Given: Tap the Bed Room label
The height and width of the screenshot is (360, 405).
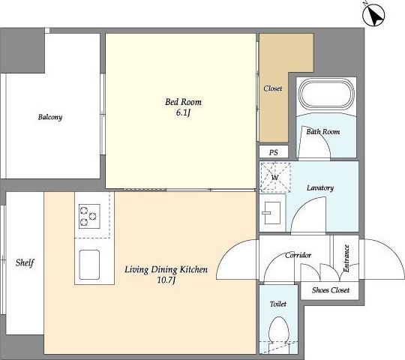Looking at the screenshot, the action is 183,102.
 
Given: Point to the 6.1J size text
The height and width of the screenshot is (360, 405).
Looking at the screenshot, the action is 183,112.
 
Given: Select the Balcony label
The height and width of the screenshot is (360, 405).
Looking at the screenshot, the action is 50,117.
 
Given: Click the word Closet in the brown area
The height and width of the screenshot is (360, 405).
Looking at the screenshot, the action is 273,88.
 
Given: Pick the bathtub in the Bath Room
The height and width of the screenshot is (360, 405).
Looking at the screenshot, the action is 326,94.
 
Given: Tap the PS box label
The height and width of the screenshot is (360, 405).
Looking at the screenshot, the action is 274,152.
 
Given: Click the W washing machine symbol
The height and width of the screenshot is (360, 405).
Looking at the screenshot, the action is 275,177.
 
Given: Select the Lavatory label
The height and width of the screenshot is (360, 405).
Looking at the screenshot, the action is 320,187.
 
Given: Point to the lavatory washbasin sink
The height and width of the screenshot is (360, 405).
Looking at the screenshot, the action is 271,213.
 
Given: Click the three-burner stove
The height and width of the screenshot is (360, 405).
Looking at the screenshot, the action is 90,216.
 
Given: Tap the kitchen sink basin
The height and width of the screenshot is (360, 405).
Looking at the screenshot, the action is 89,265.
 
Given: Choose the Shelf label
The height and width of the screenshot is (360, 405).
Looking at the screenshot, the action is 25,263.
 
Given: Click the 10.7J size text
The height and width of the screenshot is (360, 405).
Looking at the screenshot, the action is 166,280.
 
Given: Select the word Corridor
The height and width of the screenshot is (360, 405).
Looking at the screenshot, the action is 298,256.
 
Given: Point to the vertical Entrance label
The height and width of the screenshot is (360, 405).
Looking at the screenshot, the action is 346,258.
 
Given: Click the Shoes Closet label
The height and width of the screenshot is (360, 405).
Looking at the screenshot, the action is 330,290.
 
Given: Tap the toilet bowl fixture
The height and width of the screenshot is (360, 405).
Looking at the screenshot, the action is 278,331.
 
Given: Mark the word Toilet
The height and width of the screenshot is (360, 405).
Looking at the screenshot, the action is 278,304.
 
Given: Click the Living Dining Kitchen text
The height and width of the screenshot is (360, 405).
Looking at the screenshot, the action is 166,269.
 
